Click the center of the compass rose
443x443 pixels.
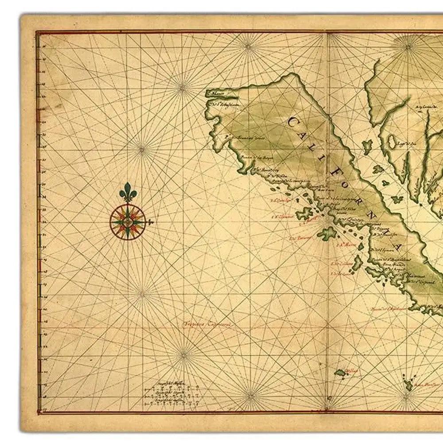[x=128, y=221]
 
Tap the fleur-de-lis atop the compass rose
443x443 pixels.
[x=128, y=191]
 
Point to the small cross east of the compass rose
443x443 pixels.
[x=151, y=221]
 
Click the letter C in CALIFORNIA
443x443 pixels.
[x=293, y=121]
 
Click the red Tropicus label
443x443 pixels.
[x=208, y=324]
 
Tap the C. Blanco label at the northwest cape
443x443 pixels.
[x=218, y=93]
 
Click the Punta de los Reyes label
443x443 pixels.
[x=253, y=157]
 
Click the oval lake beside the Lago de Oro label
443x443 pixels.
[x=392, y=142]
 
